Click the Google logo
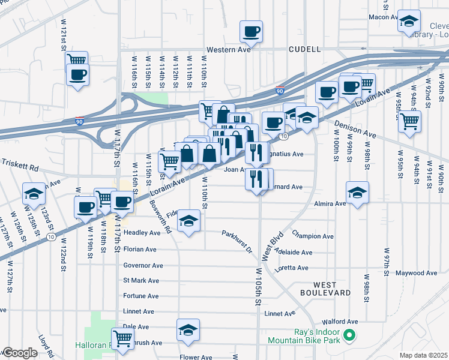(x=19, y=353)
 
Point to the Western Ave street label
(x=229, y=50)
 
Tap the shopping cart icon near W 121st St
(x=77, y=60)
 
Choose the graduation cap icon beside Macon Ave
(x=409, y=22)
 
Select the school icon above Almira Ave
(x=357, y=192)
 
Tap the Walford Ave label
(x=339, y=322)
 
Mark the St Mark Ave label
(x=141, y=280)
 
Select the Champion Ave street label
(x=312, y=235)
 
